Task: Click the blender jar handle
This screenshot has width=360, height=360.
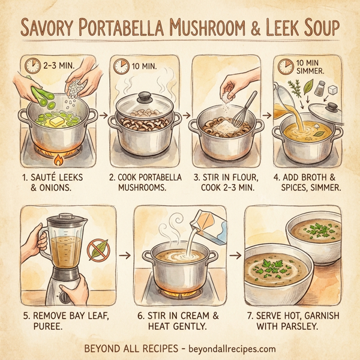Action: tap(32, 246)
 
